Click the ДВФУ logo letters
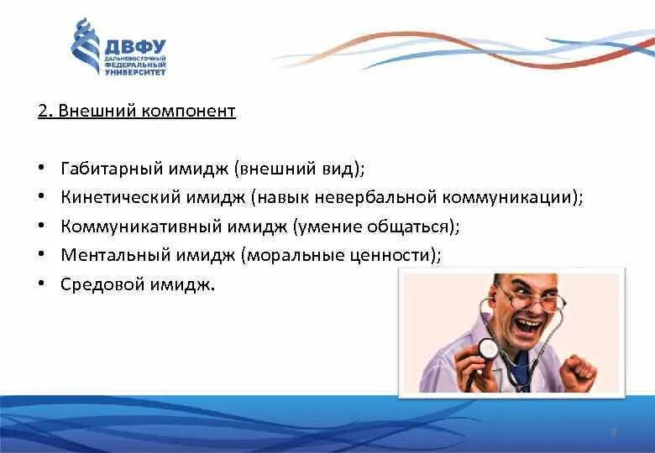(135, 47)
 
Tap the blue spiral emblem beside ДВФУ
(86, 46)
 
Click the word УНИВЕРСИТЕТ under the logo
(135, 72)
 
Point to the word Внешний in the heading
(97, 111)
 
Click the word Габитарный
(112, 169)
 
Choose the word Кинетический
(120, 197)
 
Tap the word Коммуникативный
(141, 226)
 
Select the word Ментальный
(115, 255)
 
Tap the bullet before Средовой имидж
(41, 284)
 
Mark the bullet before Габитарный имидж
(41, 168)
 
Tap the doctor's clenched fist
(578, 372)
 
